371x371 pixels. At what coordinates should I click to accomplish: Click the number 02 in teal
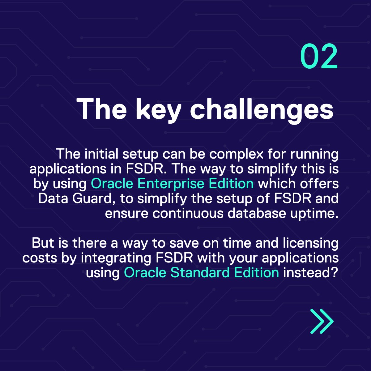pyautogui.click(x=319, y=57)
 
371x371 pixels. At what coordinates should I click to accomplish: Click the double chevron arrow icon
pyautogui.click(x=322, y=321)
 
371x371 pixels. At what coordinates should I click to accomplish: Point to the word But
pyautogui.click(x=42, y=243)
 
